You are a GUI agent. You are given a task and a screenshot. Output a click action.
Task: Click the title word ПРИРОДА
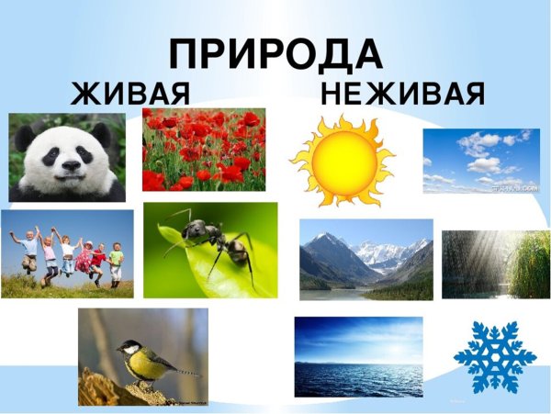click(275, 55)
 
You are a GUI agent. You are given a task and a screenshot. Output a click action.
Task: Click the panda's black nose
click(68, 167)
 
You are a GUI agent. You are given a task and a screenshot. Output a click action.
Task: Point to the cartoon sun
click(341, 160)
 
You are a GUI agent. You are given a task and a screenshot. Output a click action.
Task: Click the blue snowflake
click(494, 357)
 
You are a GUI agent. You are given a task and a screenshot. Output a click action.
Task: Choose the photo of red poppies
click(204, 149)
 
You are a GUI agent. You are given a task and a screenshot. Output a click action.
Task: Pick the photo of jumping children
click(66, 253)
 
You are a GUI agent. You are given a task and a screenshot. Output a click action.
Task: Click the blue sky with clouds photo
click(481, 161)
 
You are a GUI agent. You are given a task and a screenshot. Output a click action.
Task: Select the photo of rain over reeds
click(495, 264)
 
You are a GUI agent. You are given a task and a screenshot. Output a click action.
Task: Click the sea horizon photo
click(358, 357)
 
